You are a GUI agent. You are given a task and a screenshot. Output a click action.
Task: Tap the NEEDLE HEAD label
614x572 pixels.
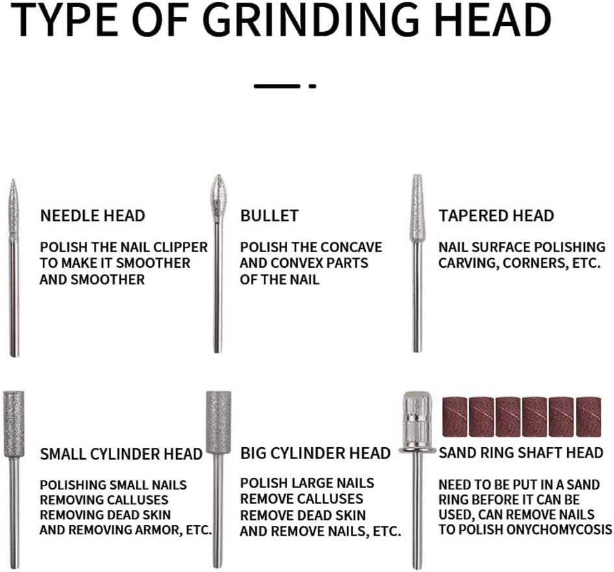(x=92, y=216)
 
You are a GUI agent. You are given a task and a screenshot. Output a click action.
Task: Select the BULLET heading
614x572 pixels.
(x=270, y=216)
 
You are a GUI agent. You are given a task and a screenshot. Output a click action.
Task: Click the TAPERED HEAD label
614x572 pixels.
(x=496, y=216)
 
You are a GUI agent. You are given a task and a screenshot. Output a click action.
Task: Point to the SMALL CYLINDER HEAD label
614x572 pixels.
(x=121, y=454)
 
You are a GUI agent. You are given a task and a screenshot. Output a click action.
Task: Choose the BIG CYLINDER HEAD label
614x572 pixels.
(x=315, y=453)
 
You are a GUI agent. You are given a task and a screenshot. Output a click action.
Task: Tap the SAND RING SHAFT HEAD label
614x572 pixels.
(x=521, y=453)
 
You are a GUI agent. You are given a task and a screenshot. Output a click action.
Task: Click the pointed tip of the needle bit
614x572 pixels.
(x=13, y=180)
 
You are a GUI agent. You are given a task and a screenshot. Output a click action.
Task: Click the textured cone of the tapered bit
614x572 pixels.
(x=417, y=207)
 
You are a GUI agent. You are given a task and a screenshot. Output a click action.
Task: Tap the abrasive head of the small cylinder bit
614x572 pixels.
(x=14, y=424)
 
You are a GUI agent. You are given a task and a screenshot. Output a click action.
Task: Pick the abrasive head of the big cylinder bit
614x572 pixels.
(x=218, y=422)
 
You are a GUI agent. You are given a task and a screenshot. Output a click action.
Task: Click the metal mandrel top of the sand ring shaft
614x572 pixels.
(x=417, y=421)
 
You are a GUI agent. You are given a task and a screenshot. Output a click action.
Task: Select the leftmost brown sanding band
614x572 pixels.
(x=455, y=417)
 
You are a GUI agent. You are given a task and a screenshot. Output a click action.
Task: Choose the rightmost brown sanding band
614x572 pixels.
(x=588, y=417)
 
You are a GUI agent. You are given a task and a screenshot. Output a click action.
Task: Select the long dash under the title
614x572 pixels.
(x=277, y=86)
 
